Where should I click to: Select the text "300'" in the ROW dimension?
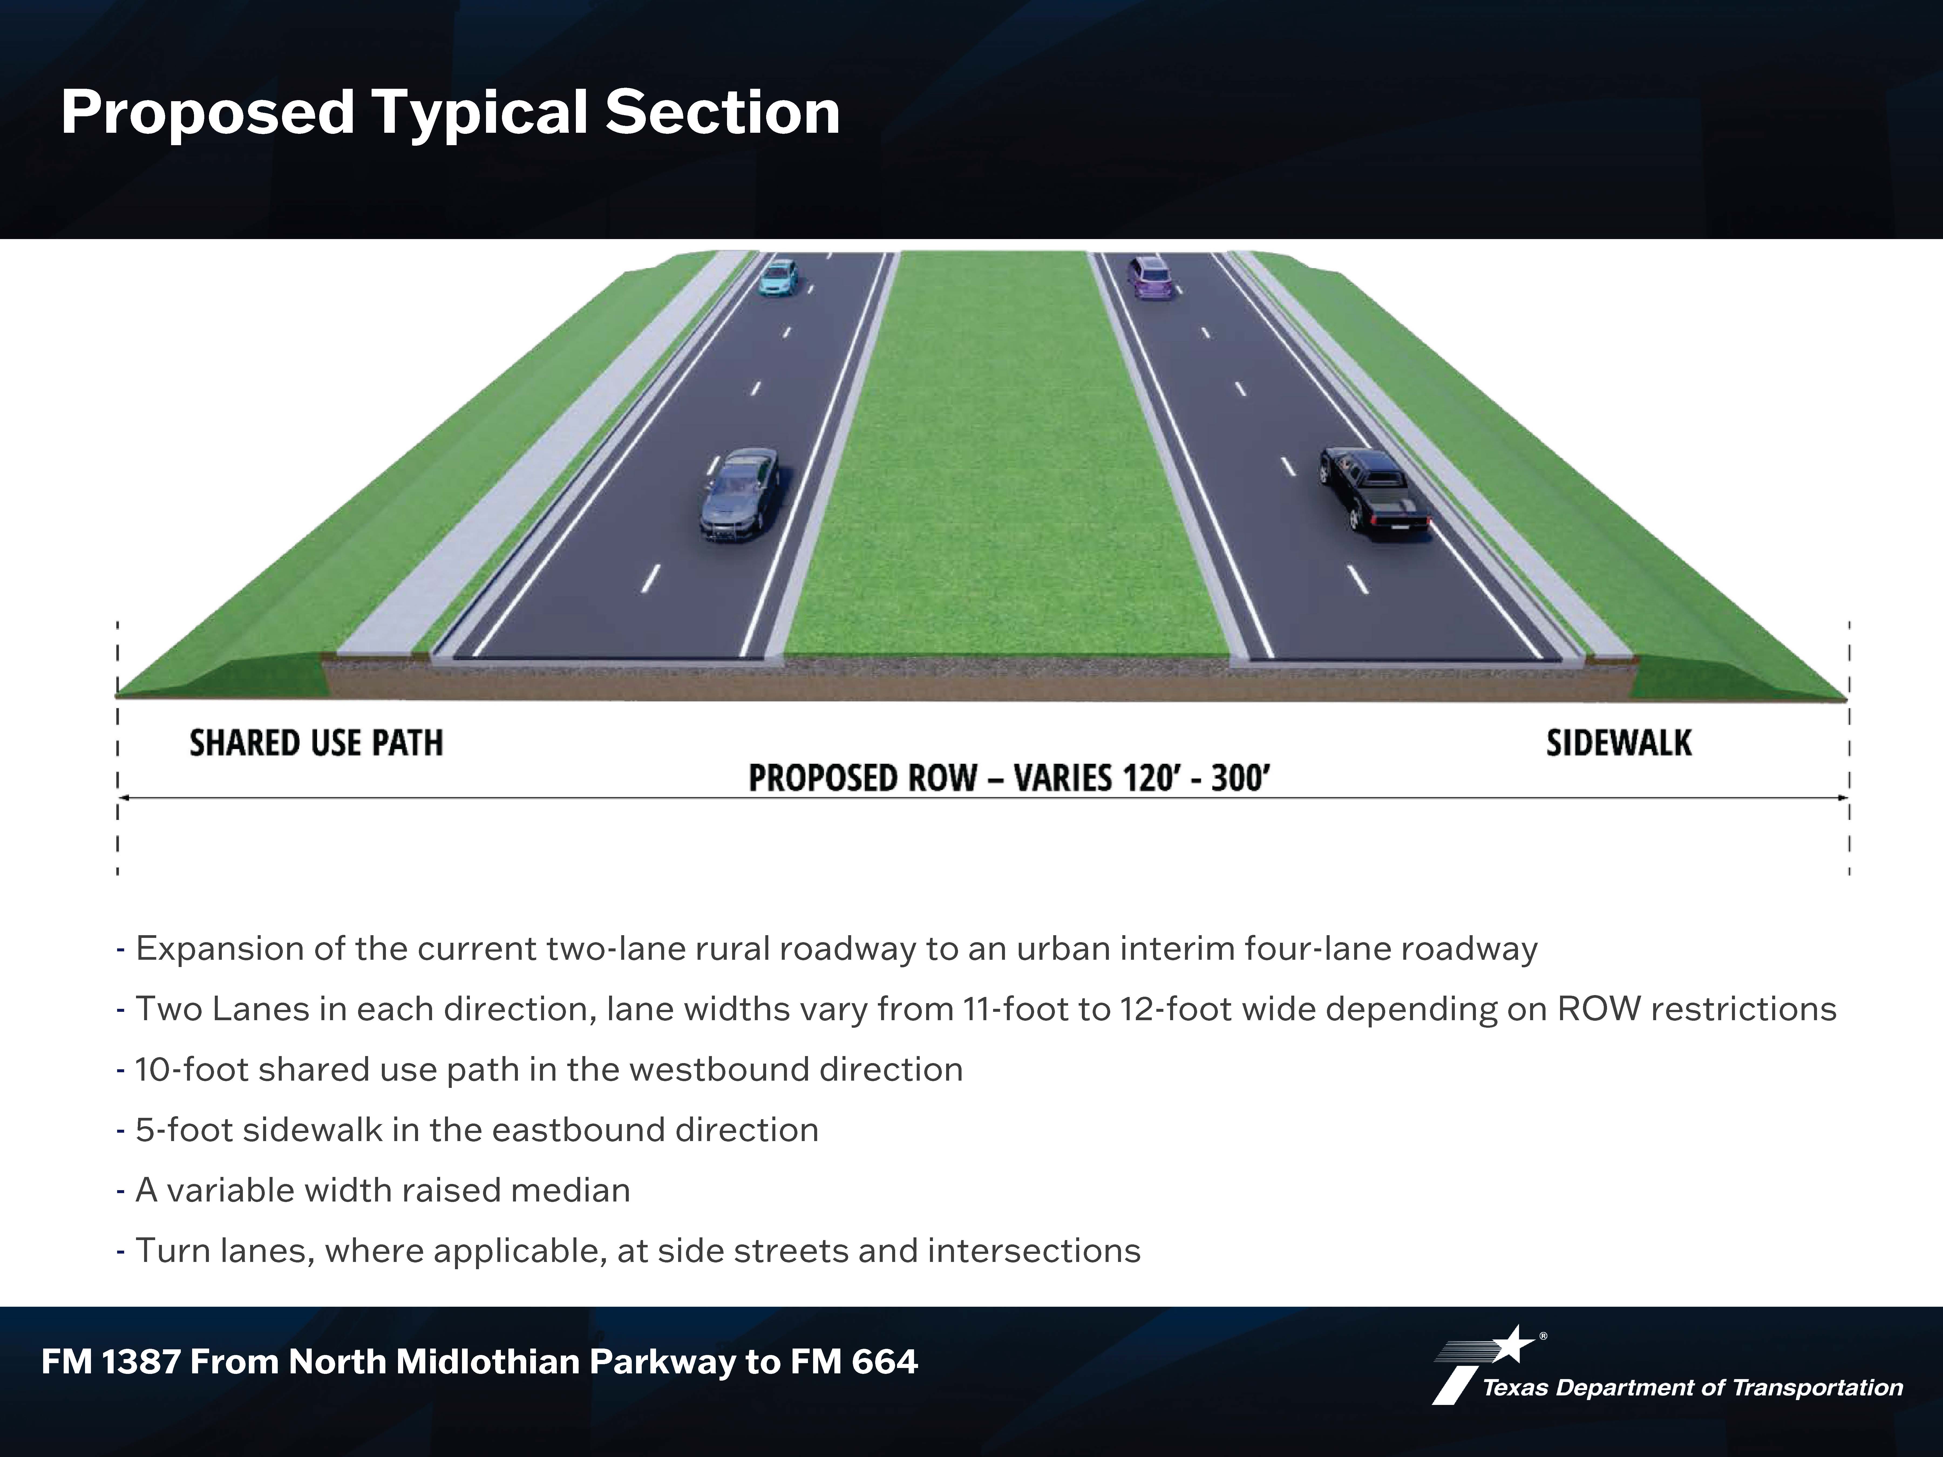[1240, 778]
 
